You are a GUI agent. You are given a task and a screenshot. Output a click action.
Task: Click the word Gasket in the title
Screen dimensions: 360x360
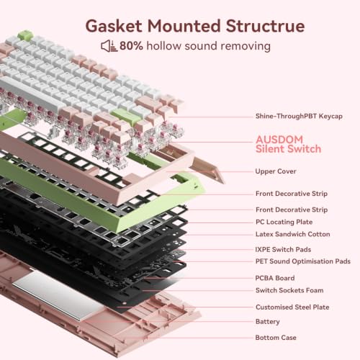click(x=114, y=26)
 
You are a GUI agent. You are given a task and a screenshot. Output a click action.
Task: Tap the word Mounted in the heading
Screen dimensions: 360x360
click(x=184, y=26)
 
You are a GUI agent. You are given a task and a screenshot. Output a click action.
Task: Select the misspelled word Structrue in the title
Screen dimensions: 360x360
click(x=265, y=26)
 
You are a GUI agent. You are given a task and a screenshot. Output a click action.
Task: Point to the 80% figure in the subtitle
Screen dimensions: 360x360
click(x=131, y=45)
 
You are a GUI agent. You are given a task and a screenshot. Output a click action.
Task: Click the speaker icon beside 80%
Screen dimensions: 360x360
click(x=109, y=46)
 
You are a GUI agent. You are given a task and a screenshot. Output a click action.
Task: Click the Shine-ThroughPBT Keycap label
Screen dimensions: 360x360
click(x=299, y=116)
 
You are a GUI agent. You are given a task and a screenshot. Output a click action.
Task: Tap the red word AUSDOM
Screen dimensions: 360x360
click(x=279, y=140)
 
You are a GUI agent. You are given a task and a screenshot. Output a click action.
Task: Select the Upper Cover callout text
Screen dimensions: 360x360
click(x=276, y=171)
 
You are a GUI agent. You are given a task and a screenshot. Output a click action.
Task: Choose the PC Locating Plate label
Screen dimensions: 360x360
click(x=284, y=222)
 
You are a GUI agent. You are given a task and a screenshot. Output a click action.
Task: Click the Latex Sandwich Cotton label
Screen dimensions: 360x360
click(x=293, y=234)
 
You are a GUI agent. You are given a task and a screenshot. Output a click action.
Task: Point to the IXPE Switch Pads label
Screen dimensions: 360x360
click(x=283, y=249)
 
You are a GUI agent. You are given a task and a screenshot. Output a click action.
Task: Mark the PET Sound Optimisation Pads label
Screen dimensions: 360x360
click(x=303, y=261)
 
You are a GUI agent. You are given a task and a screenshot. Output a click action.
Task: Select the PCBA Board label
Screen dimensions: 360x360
click(x=275, y=278)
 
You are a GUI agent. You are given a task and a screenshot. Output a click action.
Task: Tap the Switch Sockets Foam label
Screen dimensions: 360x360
click(x=289, y=290)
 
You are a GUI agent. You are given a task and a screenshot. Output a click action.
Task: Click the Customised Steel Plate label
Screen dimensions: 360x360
click(x=292, y=307)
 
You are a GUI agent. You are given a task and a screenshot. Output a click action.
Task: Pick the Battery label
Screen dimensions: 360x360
click(x=268, y=322)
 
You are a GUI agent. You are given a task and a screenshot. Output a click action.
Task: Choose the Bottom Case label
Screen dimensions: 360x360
click(x=276, y=338)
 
